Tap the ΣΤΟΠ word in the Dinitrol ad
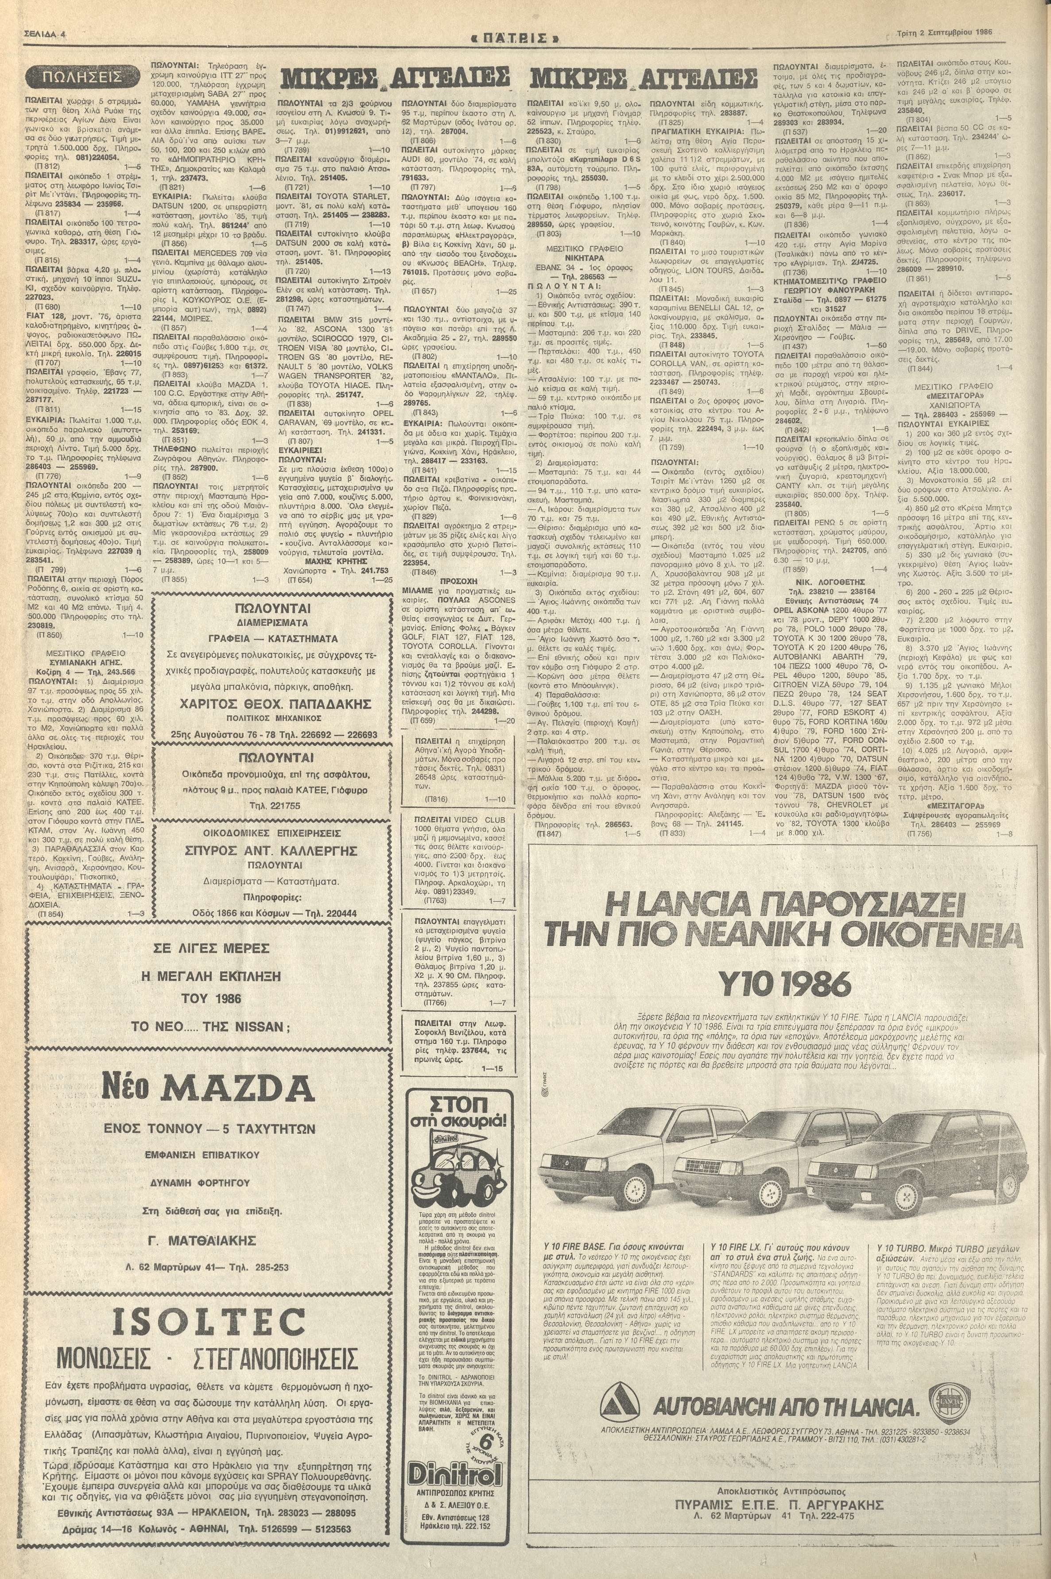click(458, 1103)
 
